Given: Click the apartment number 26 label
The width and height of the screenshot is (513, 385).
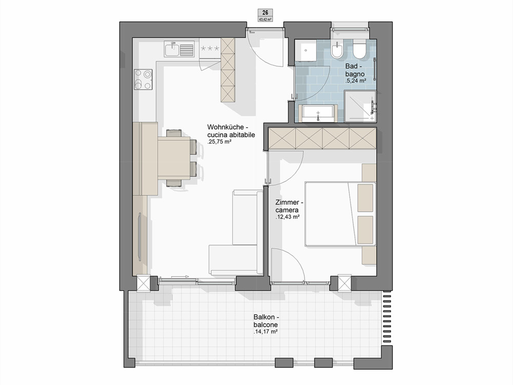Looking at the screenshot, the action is [x=265, y=12].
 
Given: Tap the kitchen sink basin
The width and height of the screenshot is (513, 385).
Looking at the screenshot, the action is [x=172, y=50].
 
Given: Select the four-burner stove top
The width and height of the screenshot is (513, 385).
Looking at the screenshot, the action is [x=143, y=80].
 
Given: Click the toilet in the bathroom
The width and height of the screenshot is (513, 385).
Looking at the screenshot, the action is [x=361, y=50].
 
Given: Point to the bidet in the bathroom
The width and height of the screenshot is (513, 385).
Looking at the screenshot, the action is [x=337, y=51].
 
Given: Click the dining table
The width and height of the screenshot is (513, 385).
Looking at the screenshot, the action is [x=174, y=158].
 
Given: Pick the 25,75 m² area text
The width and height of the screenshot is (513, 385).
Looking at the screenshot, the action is [x=220, y=142].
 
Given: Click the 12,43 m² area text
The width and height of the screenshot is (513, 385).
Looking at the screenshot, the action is [x=288, y=217].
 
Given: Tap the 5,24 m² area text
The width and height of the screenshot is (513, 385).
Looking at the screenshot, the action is [x=356, y=81].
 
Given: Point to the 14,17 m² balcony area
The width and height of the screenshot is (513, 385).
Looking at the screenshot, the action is [x=265, y=332].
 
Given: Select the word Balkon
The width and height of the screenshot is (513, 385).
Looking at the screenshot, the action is [x=264, y=317].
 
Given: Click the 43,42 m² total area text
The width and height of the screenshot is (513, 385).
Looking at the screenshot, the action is [x=265, y=20].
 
